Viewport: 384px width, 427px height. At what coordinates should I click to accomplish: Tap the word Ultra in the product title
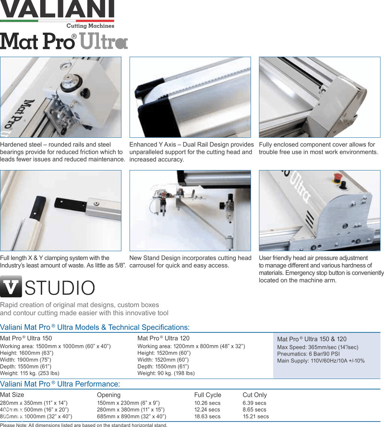click(x=104, y=42)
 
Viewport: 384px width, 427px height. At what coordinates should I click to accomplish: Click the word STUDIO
click(x=60, y=288)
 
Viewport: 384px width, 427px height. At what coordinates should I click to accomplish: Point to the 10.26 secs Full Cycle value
click(x=207, y=403)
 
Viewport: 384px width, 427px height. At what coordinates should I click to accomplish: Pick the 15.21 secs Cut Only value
click(x=255, y=416)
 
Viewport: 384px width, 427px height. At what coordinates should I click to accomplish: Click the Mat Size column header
click(x=12, y=395)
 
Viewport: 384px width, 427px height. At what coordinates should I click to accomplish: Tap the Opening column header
click(x=108, y=395)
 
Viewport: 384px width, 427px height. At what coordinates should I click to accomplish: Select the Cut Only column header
click(x=254, y=395)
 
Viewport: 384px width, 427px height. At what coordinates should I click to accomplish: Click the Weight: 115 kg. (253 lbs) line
click(x=30, y=373)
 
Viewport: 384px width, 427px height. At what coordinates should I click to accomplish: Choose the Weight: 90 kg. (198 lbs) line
click(x=166, y=373)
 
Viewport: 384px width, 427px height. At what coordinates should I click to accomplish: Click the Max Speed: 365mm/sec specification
click(x=318, y=347)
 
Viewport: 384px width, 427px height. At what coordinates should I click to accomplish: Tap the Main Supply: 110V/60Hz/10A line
click(x=321, y=361)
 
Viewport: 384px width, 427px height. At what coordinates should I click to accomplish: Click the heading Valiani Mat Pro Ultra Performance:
click(x=60, y=384)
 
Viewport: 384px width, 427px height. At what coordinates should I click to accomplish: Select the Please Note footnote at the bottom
click(x=84, y=425)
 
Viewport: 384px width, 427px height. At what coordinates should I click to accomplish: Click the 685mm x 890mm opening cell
click(x=132, y=416)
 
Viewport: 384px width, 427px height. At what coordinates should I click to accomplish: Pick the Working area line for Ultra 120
click(x=191, y=346)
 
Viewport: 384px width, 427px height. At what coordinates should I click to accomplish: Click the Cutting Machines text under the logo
click(x=90, y=26)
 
